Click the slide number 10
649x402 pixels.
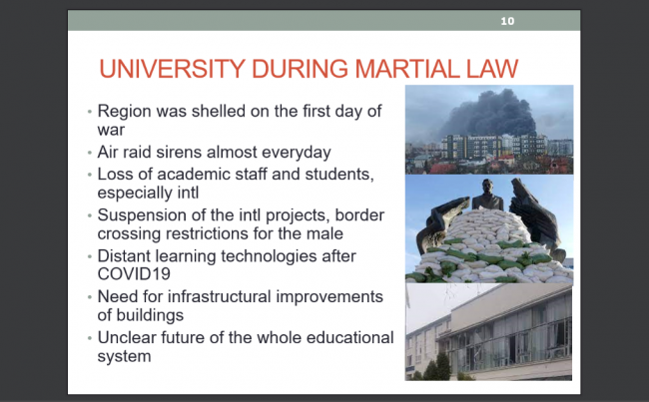point(507,21)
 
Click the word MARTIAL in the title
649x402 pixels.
point(407,68)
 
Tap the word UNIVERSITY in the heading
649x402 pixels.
point(172,68)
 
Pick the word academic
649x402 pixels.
point(194,175)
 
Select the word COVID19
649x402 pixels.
point(134,273)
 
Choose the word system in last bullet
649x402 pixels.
point(124,357)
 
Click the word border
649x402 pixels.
point(359,215)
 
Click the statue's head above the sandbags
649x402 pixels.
point(487,187)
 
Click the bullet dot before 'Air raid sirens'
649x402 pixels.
point(90,153)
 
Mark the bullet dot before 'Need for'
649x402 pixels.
point(90,297)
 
